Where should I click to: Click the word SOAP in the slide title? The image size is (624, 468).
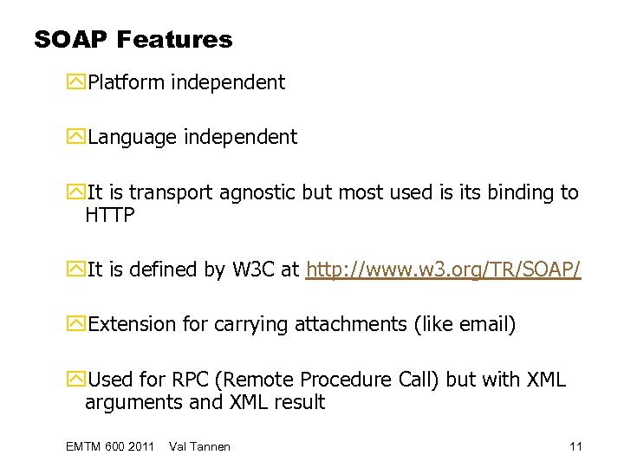coord(69,39)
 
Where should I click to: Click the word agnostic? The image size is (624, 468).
coord(256,192)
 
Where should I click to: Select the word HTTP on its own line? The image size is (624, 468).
coord(110,216)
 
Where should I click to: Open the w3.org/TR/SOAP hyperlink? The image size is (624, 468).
coord(444,271)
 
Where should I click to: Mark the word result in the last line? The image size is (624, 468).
coord(297,402)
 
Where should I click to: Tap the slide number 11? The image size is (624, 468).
coord(575,446)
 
